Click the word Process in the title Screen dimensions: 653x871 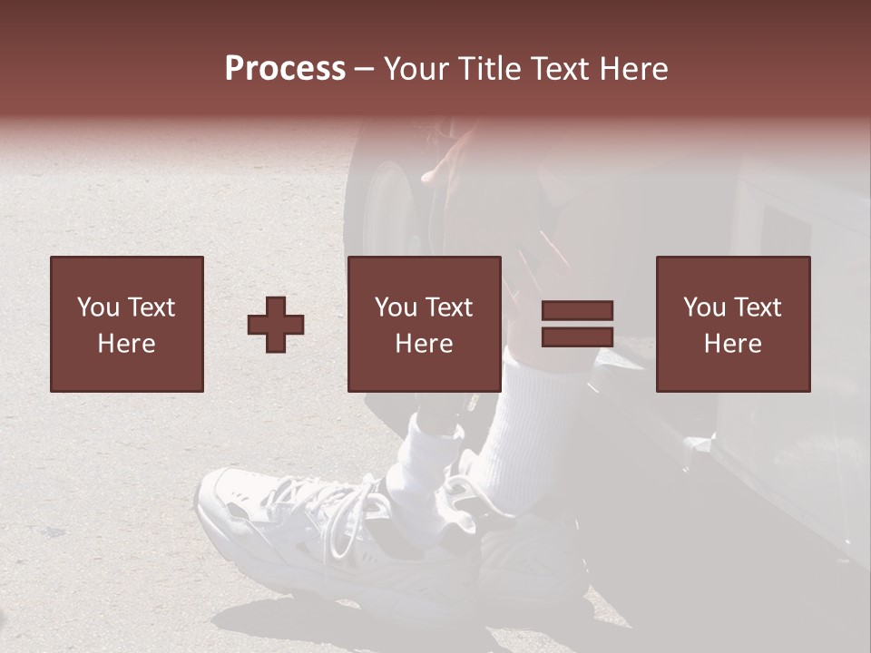(x=285, y=69)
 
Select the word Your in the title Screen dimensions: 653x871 (x=416, y=69)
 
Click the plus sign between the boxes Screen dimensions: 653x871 (x=276, y=324)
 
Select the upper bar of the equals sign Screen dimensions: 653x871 (x=577, y=311)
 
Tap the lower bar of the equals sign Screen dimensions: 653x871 (x=577, y=336)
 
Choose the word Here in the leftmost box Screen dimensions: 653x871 (x=126, y=344)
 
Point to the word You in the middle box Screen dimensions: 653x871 (x=395, y=307)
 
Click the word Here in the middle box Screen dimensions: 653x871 (x=424, y=344)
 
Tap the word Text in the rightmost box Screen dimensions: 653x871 (x=758, y=307)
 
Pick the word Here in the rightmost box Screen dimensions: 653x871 (x=732, y=344)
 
